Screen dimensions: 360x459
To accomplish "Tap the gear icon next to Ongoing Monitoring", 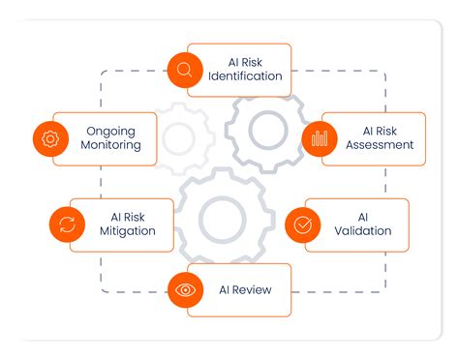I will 49,138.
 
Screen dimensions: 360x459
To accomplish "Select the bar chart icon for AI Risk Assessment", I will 319,138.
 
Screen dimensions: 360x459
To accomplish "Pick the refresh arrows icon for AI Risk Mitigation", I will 67,225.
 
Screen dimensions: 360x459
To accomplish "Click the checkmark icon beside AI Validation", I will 302,225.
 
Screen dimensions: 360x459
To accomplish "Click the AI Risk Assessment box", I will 373,138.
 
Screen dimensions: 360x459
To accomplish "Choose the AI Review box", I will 237,289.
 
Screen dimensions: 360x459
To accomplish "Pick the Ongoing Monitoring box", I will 105,138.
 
